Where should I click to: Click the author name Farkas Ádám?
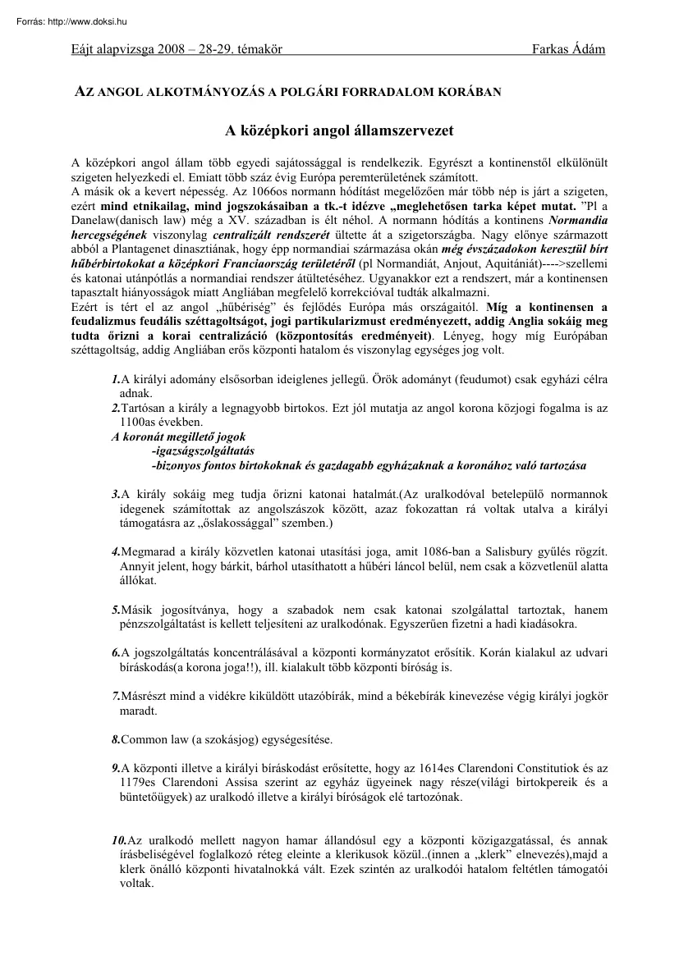point(569,49)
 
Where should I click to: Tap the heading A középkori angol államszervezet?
point(339,130)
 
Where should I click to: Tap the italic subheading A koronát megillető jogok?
point(178,437)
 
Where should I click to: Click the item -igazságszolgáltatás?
point(204,450)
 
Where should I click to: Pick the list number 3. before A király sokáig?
point(115,494)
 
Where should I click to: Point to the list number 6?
point(115,652)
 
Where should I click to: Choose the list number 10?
point(118,841)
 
